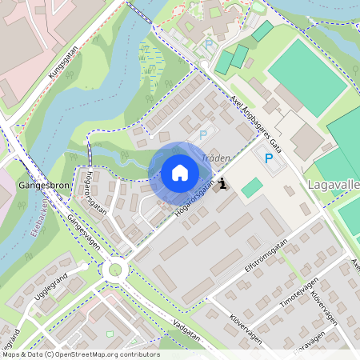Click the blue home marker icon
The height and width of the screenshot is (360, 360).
[x=179, y=173]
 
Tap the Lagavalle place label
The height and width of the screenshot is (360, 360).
[x=333, y=185]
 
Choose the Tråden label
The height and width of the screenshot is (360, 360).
[x=216, y=158]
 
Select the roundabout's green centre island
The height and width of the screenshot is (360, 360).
[x=115, y=270]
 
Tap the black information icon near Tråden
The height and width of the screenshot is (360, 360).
[x=222, y=184]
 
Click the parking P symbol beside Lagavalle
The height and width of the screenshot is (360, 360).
[x=269, y=158]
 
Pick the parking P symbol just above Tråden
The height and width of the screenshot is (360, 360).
[x=203, y=135]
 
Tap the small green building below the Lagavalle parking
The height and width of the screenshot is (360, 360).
[x=252, y=188]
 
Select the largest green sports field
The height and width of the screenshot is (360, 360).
[x=307, y=76]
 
